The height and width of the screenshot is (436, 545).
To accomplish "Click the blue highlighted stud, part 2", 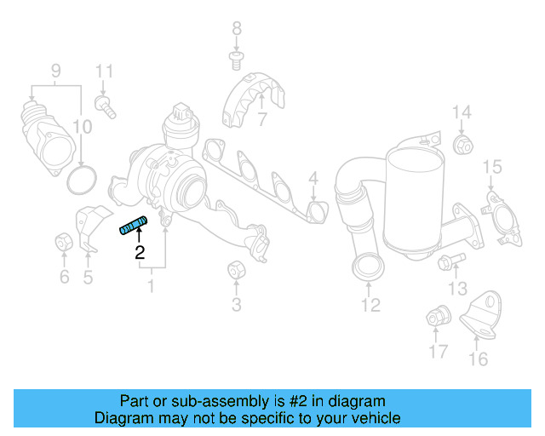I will coord(132,226).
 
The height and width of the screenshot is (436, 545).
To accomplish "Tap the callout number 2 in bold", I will coord(139,252).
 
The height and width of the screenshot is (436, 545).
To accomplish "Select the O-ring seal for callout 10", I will coord(80,181).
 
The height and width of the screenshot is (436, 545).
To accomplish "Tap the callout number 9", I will coord(55,71).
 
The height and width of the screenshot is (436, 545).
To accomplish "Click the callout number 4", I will coord(313,179).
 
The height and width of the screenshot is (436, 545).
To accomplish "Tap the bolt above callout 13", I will coord(450,261).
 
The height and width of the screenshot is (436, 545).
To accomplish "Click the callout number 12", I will coord(370,304).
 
